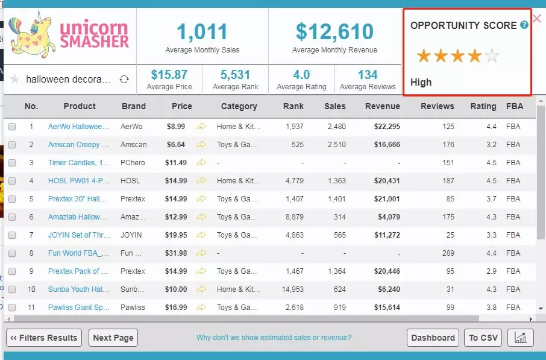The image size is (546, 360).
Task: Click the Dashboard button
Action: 433,338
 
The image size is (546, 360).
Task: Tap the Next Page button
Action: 113,338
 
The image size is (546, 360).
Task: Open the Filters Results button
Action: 44,338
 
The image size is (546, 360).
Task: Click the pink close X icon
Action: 537,18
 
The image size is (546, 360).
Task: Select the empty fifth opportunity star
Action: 492,57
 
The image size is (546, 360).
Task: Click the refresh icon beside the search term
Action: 124,80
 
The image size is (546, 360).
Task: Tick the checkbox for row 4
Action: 12,181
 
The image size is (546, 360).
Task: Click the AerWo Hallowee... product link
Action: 79,127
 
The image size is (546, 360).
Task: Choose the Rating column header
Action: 483,106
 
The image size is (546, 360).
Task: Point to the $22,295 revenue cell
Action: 383,127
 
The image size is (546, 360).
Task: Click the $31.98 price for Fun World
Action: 177,253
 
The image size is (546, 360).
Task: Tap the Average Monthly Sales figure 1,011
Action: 202,31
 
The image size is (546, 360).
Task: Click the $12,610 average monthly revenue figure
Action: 334,31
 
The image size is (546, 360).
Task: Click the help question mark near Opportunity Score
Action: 524,25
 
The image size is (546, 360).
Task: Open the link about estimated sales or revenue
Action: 274,338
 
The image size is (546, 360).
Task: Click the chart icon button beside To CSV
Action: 521,338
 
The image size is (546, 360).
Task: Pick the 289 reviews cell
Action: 448,253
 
